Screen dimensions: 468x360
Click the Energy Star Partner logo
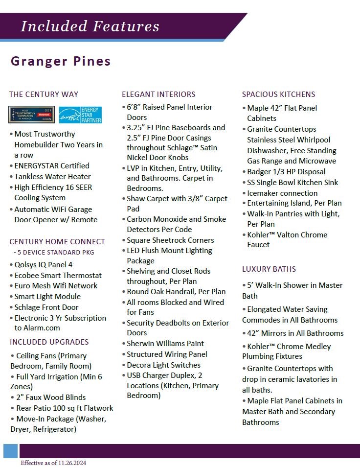80,115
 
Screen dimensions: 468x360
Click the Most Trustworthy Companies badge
31,115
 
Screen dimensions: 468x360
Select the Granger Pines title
61,61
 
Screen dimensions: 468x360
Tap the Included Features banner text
90,26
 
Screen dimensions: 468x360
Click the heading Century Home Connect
57,241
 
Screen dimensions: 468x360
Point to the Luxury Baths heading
269,269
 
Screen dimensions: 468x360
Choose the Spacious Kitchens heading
278,94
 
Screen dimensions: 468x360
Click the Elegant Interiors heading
158,94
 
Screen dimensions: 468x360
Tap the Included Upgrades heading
49,342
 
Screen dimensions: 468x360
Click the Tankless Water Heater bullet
52,176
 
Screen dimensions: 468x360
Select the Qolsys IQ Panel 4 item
43,264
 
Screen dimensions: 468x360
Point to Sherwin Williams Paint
165,343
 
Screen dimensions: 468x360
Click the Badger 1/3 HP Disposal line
286,171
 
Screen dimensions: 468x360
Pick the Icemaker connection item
282,193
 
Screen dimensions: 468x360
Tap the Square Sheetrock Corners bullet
170,240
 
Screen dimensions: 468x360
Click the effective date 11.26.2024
53,463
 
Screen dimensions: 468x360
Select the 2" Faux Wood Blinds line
51,397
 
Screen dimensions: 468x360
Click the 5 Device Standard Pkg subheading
54,253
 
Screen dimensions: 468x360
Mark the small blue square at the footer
10,451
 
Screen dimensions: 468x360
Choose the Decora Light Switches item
163,365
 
